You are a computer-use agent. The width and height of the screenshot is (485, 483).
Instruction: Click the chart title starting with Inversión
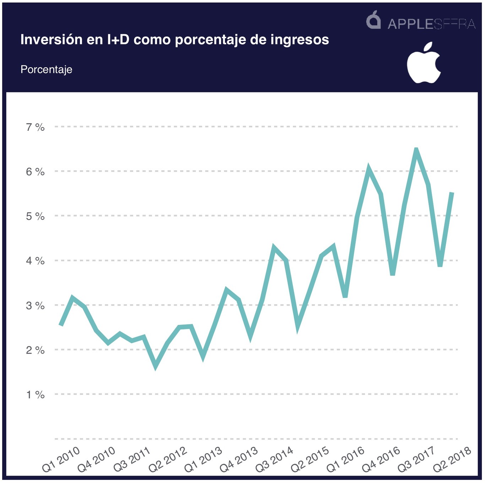pyautogui.click(x=174, y=39)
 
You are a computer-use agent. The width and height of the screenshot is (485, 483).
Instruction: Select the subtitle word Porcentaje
pyautogui.click(x=46, y=69)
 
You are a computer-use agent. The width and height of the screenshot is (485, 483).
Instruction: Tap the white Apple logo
pyautogui.click(x=424, y=63)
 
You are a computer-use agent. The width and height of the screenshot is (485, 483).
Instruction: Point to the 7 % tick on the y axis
pyautogui.click(x=35, y=127)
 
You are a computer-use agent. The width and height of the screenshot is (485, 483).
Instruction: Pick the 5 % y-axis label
pyautogui.click(x=35, y=216)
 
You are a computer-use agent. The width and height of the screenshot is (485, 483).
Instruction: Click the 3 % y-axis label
pyautogui.click(x=35, y=305)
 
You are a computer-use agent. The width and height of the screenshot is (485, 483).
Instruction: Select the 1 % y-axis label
pyautogui.click(x=35, y=395)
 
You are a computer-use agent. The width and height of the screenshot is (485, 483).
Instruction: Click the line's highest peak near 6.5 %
pyautogui.click(x=416, y=150)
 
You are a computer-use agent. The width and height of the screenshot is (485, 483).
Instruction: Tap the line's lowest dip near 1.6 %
pyautogui.click(x=156, y=367)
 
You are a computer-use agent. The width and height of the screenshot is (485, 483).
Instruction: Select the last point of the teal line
pyautogui.click(x=452, y=193)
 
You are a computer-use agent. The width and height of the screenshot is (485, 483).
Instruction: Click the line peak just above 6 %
pyautogui.click(x=369, y=168)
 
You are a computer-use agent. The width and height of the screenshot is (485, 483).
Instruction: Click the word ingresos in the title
pyautogui.click(x=300, y=39)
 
